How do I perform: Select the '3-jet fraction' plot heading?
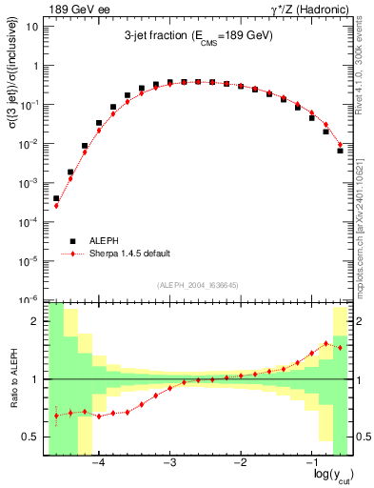point(197,36)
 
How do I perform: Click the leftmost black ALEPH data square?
point(56,198)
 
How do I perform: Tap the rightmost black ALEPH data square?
point(340,150)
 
